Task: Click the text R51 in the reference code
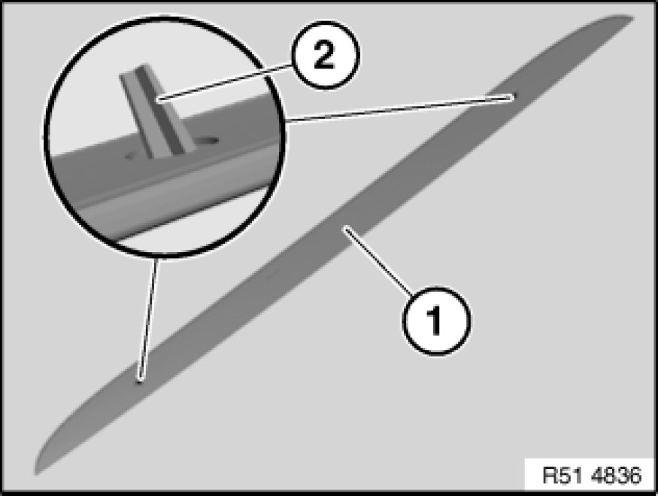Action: pyautogui.click(x=558, y=476)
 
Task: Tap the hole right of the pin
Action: pyautogui.click(x=206, y=141)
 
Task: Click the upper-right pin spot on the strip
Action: pyautogui.click(x=513, y=96)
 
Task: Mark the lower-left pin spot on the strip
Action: pyautogui.click(x=139, y=380)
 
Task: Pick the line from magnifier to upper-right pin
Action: pyautogui.click(x=399, y=108)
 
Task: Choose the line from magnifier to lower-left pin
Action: pyautogui.click(x=149, y=316)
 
